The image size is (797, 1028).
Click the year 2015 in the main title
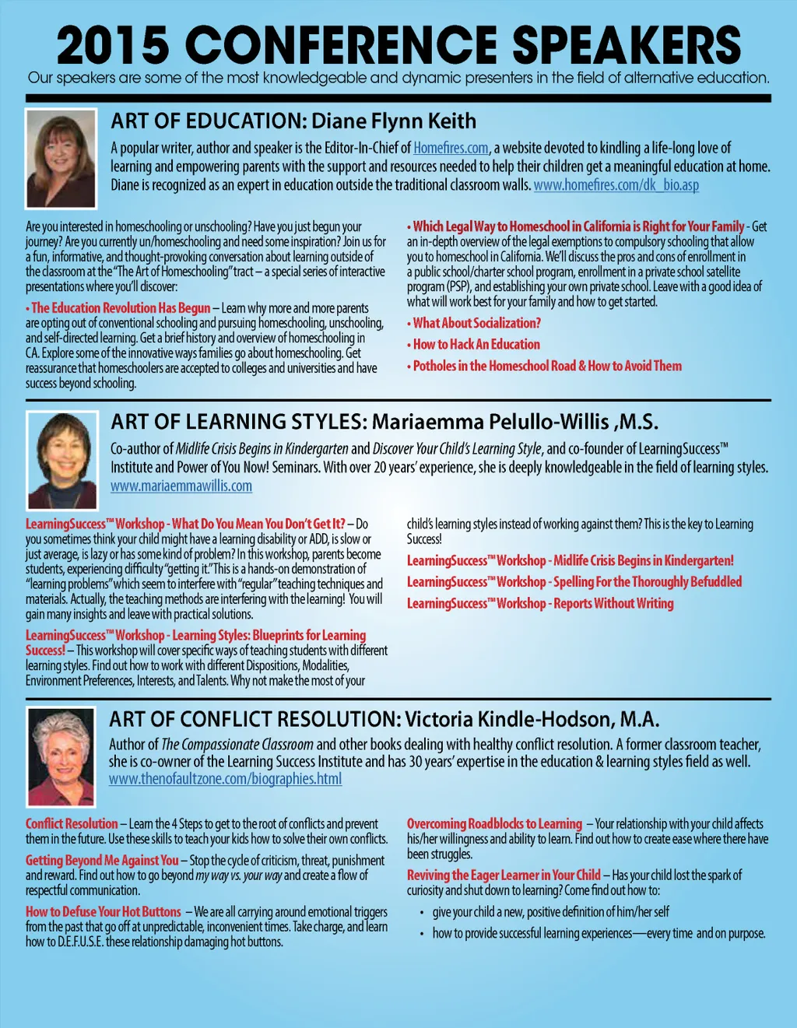click(113, 46)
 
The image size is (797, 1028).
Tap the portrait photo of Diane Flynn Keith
click(61, 158)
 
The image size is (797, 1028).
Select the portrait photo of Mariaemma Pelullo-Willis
click(61, 460)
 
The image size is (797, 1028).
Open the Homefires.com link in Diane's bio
click(451, 148)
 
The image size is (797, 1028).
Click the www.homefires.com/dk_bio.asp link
click(616, 185)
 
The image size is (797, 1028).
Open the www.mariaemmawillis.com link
click(181, 486)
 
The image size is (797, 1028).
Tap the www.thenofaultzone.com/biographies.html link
click(226, 779)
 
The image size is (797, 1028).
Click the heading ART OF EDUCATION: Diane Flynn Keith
click(293, 121)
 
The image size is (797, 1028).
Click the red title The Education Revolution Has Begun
click(121, 308)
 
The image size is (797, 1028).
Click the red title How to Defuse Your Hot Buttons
click(104, 911)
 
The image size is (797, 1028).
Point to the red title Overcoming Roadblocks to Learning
click(494, 823)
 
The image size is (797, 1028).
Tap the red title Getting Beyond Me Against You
click(102, 860)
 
